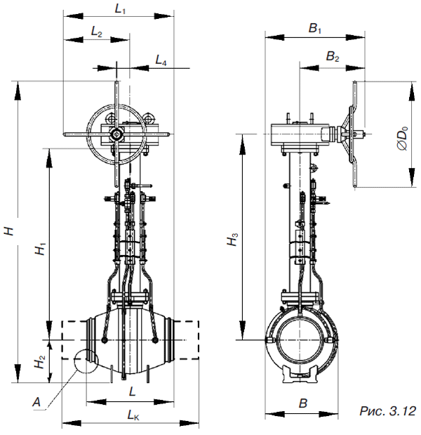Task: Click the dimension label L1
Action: [x=120, y=10]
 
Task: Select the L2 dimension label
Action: [x=97, y=33]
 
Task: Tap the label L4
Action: [x=161, y=60]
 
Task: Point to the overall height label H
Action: [x=10, y=231]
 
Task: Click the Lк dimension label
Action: [x=133, y=415]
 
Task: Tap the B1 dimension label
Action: [x=315, y=28]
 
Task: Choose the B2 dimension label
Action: [x=333, y=57]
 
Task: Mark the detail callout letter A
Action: [x=36, y=401]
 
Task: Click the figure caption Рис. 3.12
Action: [x=388, y=411]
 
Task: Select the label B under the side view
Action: [x=304, y=403]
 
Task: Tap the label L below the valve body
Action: [x=133, y=391]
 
